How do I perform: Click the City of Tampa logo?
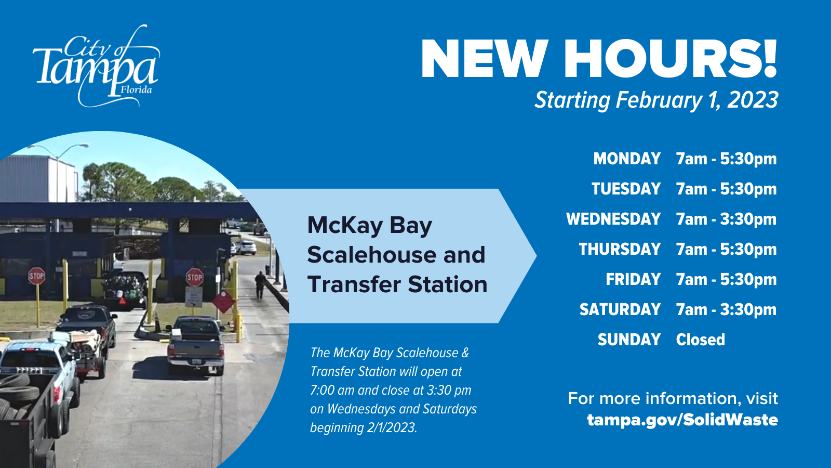(x=96, y=67)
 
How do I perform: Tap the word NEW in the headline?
(x=484, y=59)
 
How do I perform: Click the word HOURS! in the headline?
(x=670, y=59)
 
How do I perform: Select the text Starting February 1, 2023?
(x=656, y=100)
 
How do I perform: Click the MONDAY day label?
(x=627, y=159)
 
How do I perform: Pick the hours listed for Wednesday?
(x=726, y=219)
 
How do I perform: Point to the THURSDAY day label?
(x=620, y=249)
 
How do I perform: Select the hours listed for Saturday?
(x=726, y=309)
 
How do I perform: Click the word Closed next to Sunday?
(x=700, y=340)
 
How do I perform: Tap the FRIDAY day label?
(x=633, y=279)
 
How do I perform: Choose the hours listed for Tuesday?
(x=726, y=189)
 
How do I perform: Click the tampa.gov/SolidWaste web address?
(x=682, y=420)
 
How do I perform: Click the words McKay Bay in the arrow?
(x=369, y=226)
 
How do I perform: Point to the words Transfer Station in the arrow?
(x=397, y=284)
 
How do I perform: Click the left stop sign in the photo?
(x=36, y=276)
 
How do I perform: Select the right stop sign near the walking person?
(x=194, y=277)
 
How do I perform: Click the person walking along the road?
(x=260, y=284)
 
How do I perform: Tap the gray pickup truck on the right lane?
(x=196, y=344)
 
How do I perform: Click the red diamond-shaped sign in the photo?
(x=223, y=301)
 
